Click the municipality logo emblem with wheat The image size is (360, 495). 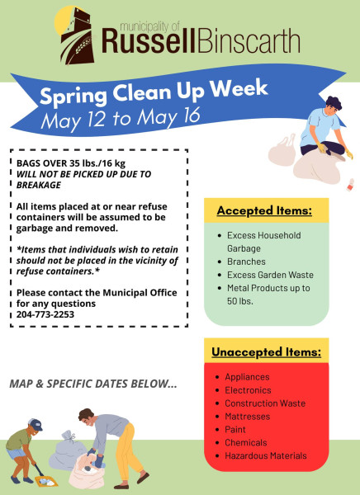coord(75,35)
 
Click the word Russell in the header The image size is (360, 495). coord(148,41)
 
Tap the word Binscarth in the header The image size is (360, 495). coord(249,41)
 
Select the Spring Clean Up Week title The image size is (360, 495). coord(154,92)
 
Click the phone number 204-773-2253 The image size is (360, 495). coord(45,314)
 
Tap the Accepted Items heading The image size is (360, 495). coord(264,211)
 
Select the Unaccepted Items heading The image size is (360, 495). coord(267,352)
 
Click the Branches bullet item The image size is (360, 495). coord(246,262)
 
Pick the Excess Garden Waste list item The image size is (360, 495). coord(270,275)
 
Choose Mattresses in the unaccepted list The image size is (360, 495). coord(247,417)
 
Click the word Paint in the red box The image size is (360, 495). coord(235,430)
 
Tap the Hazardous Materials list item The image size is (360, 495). coord(266,456)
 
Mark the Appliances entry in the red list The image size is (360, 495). coord(247,377)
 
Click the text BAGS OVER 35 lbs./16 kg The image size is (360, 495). coord(71,163)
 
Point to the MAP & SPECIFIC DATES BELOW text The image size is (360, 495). coord(93,384)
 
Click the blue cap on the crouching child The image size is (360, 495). coord(35,424)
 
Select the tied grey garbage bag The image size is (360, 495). coord(68,450)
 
